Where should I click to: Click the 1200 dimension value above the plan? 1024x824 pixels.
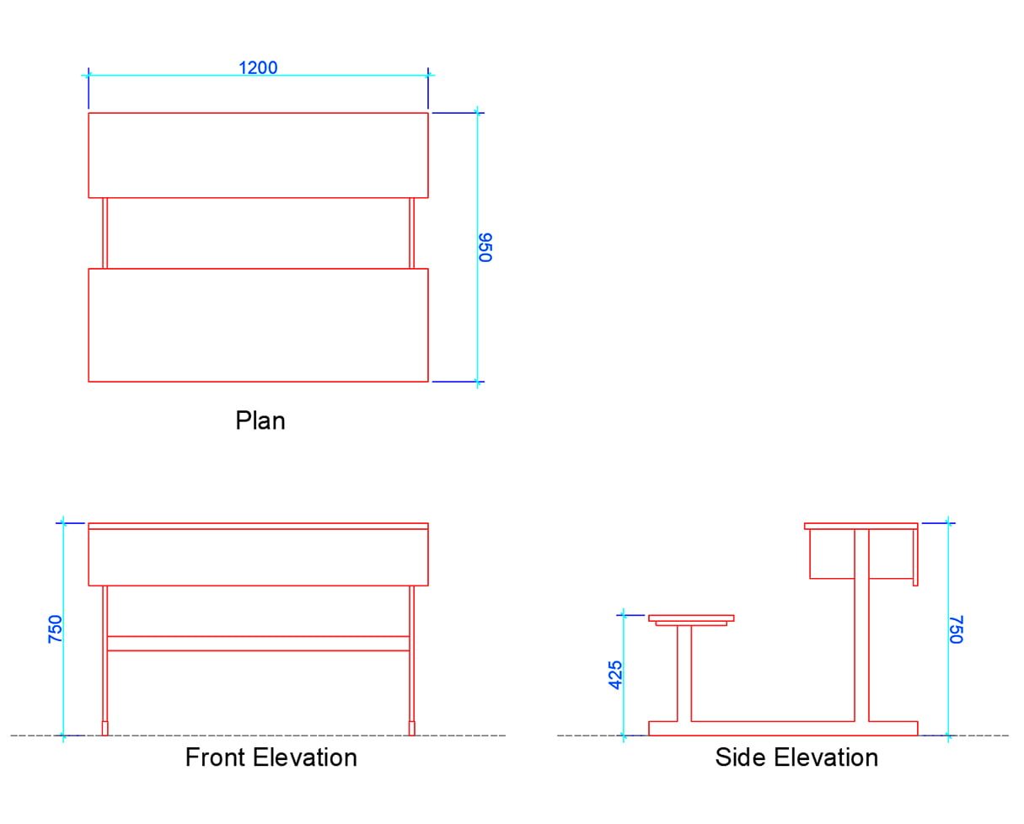tap(258, 67)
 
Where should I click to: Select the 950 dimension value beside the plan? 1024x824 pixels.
tap(485, 247)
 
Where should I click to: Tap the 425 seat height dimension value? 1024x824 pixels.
tap(616, 675)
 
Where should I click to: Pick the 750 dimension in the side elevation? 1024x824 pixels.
tap(956, 629)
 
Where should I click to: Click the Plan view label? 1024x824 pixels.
tap(260, 420)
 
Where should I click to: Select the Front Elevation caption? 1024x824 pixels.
tap(271, 757)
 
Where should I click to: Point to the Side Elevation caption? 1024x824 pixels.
tap(796, 757)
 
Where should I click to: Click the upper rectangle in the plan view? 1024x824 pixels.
tap(258, 155)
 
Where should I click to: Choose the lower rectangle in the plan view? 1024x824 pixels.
tap(258, 324)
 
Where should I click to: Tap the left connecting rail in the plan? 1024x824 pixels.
tap(105, 233)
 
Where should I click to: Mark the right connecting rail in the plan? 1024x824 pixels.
tap(412, 233)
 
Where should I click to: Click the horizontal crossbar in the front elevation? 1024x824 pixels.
tap(258, 643)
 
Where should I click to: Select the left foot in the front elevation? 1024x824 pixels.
tap(105, 728)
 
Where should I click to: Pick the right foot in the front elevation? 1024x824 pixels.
tap(412, 728)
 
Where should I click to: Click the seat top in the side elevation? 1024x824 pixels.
tap(691, 618)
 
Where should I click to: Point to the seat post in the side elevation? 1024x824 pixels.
tap(684, 672)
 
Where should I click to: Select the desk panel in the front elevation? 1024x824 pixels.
tap(258, 557)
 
